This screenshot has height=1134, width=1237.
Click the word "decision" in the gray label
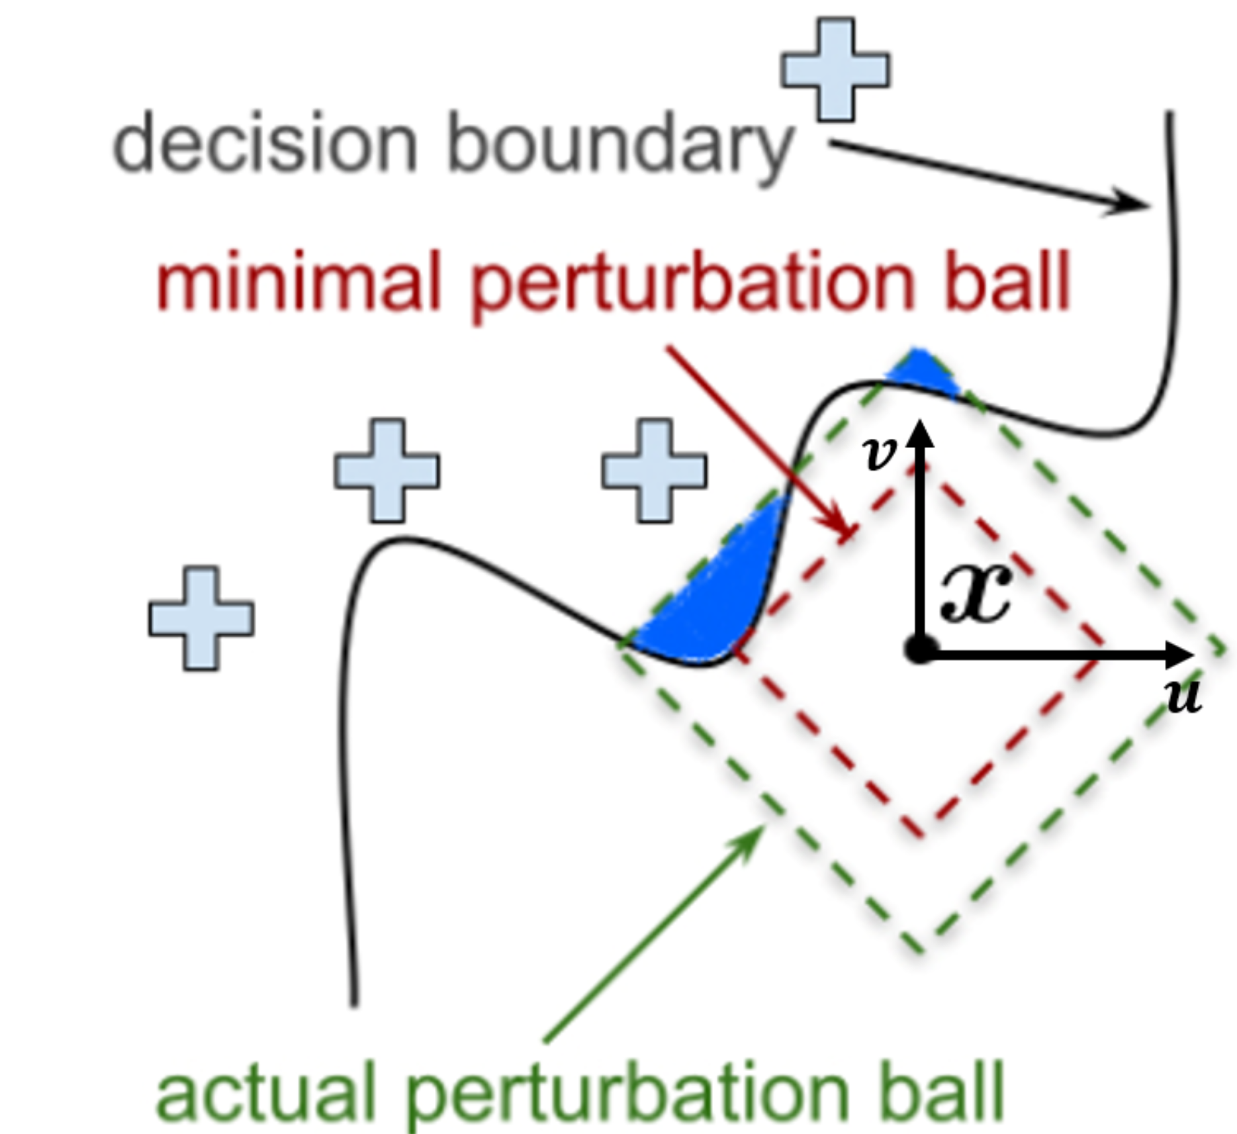tap(265, 142)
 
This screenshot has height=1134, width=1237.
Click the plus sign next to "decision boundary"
tap(835, 70)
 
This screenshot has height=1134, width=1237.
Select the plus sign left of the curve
tap(201, 618)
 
